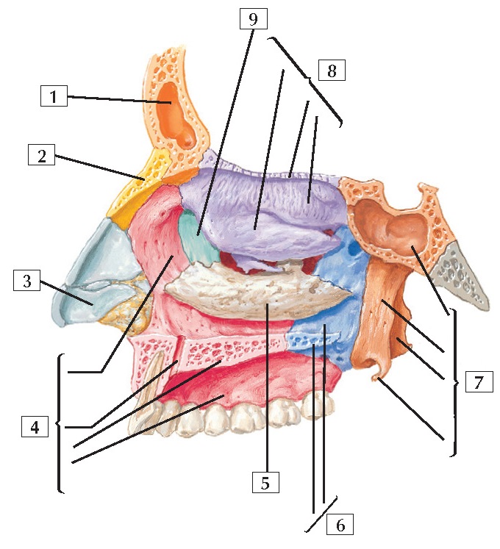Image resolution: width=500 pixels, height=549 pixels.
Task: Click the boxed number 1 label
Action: pos(54,96)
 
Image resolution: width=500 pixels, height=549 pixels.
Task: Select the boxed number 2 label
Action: pos(42,156)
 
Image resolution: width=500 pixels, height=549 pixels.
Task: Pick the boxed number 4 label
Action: pos(35,426)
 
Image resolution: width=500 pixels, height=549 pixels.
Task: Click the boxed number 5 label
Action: pos(265,482)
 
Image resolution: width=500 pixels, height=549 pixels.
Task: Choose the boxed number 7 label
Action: pos(479,382)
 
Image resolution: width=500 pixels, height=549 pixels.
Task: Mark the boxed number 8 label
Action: pos(332,71)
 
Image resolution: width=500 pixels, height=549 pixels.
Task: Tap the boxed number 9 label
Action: pos(253,18)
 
